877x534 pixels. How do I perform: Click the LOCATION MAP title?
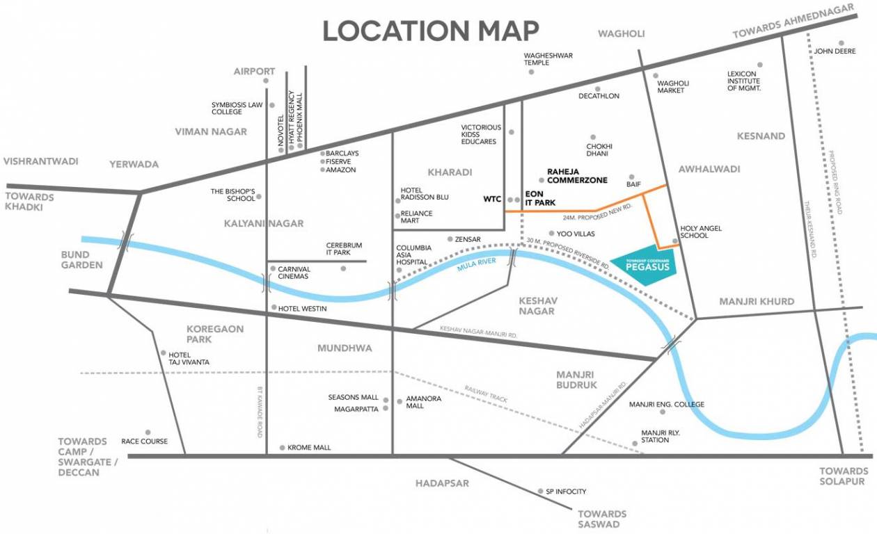[x=430, y=31]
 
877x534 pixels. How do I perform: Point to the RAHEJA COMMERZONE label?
[x=577, y=175]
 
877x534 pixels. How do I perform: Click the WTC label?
[x=492, y=199]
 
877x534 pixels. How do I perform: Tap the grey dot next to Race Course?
[x=147, y=432]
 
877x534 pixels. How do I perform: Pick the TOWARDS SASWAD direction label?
[x=602, y=519]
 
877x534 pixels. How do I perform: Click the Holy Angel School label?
[x=700, y=232]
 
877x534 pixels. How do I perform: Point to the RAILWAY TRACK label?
[x=485, y=394]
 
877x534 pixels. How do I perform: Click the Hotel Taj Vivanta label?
[x=189, y=358]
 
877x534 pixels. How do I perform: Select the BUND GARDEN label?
[x=81, y=259]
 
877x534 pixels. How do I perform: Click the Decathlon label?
[x=599, y=96]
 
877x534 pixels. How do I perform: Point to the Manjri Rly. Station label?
[x=655, y=436]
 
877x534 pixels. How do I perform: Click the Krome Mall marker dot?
[x=281, y=448]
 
